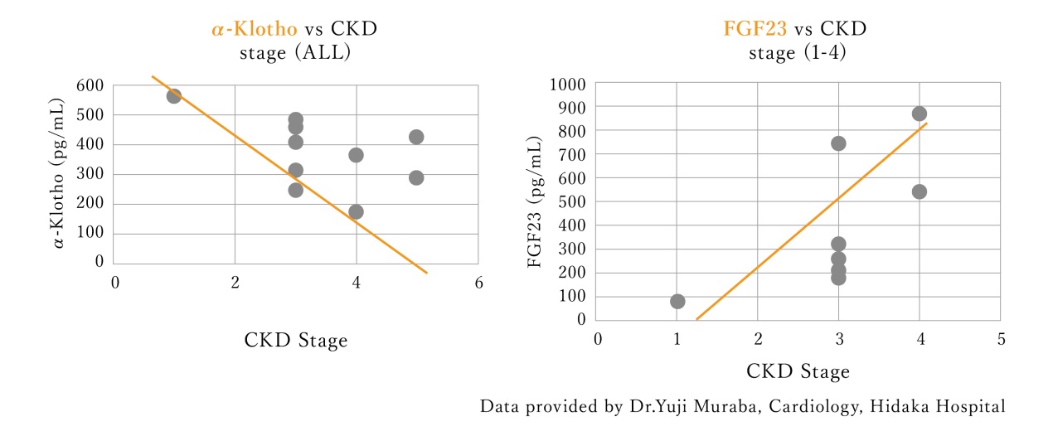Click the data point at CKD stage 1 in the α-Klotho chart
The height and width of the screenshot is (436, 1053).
pos(174,96)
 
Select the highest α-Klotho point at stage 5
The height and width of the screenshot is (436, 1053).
pos(416,137)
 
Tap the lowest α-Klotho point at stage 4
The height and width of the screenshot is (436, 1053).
pos(356,211)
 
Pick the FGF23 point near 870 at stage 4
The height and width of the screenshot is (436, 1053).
pos(919,114)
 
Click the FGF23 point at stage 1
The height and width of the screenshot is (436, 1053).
pos(677,301)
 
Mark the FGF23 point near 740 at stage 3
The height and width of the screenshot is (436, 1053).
pos(838,143)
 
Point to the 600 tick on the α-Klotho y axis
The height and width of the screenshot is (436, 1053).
pos(92,85)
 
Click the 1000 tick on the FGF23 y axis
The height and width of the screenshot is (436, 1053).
pos(568,84)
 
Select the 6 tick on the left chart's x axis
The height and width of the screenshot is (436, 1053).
pos(478,283)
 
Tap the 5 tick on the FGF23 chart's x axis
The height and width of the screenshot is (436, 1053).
pos(1000,341)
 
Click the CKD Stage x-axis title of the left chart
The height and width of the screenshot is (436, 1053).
pos(296,341)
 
